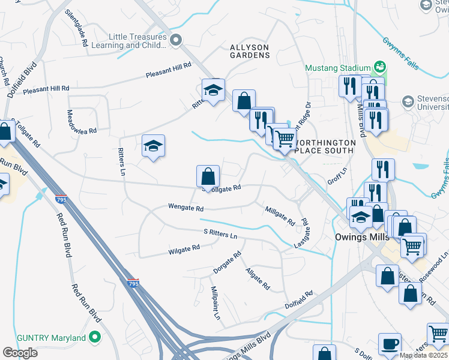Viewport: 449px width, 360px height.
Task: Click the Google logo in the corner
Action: point(20,353)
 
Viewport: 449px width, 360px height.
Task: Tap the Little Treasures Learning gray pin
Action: point(176,40)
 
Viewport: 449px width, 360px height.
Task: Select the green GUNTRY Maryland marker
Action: point(94,338)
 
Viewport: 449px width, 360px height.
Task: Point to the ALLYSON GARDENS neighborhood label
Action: point(250,51)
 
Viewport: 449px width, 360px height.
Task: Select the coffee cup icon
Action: point(390,344)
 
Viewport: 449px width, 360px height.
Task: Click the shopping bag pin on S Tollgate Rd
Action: point(208,176)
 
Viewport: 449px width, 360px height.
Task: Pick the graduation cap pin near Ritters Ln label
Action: point(154,146)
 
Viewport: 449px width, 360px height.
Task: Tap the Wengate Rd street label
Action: point(186,209)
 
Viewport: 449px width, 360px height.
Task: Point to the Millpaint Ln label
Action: point(215,302)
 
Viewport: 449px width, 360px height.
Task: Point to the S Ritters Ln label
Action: point(220,233)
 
